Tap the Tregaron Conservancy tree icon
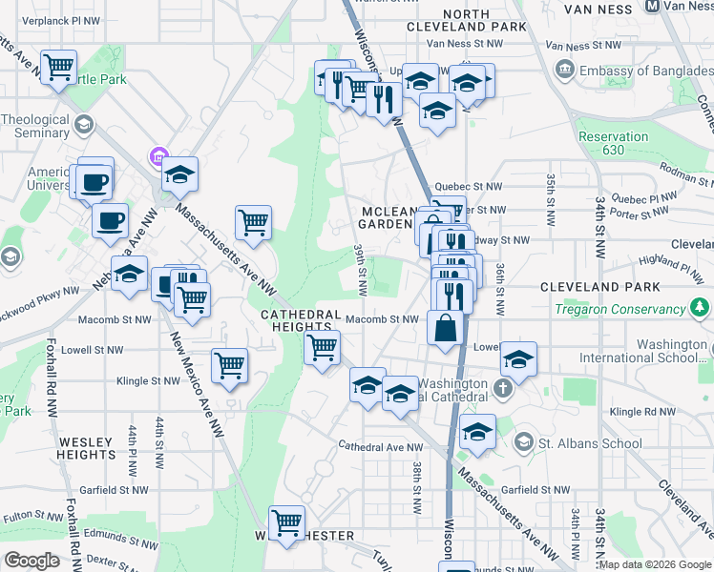pyautogui.click(x=700, y=308)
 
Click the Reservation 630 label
pyautogui.click(x=614, y=144)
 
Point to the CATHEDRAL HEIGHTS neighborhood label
pyautogui.click(x=302, y=320)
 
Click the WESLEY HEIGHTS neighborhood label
pyautogui.click(x=87, y=449)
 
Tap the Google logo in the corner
pyautogui.click(x=31, y=560)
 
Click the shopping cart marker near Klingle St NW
pyautogui.click(x=229, y=364)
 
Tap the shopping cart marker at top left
pyautogui.click(x=59, y=67)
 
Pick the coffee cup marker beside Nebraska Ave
pyautogui.click(x=110, y=220)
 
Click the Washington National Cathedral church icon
pyautogui.click(x=504, y=390)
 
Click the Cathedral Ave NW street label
pyautogui.click(x=381, y=446)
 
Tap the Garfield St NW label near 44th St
pyautogui.click(x=115, y=489)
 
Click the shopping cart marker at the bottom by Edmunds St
pyautogui.click(x=286, y=522)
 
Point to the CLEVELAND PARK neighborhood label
pyautogui.click(x=598, y=286)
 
